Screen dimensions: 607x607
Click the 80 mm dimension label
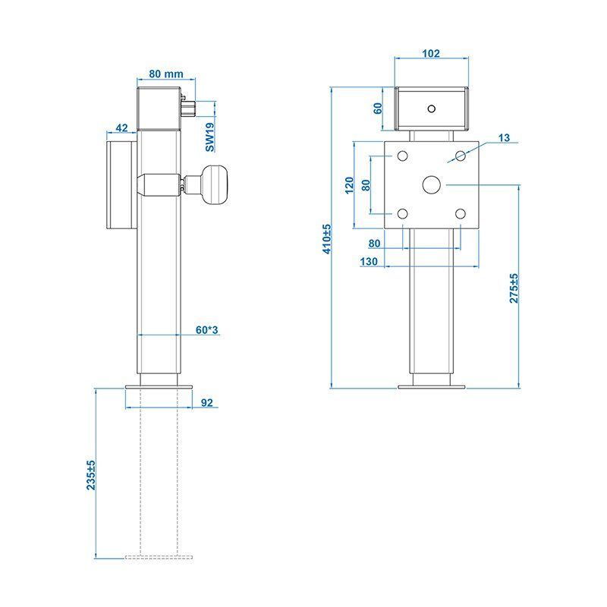click(x=166, y=74)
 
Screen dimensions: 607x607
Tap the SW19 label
click(x=209, y=137)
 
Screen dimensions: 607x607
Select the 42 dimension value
click(x=121, y=127)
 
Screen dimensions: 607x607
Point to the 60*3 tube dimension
click(x=206, y=330)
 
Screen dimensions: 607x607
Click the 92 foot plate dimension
click(x=207, y=403)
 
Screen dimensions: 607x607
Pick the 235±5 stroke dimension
click(x=91, y=475)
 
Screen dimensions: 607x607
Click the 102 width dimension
click(x=431, y=53)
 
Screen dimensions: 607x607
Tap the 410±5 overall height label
click(x=327, y=239)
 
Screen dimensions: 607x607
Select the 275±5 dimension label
click(x=514, y=288)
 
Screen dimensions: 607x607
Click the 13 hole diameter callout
click(x=504, y=137)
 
